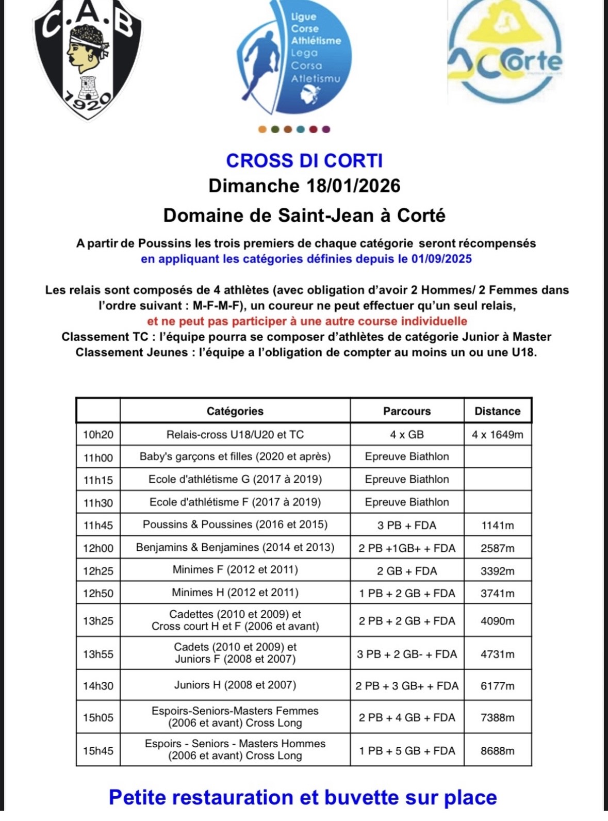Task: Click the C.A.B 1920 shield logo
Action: [x=87, y=59]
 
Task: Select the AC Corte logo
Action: [x=504, y=52]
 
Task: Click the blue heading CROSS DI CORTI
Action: [x=304, y=161]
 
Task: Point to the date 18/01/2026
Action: [x=353, y=186]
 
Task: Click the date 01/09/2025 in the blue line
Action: [x=441, y=259]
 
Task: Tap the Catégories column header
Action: [x=235, y=411]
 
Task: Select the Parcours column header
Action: [x=407, y=411]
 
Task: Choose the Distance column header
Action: [x=497, y=411]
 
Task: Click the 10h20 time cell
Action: [x=98, y=435]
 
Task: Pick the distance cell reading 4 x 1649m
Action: [x=497, y=435]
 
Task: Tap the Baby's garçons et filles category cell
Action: [x=235, y=456]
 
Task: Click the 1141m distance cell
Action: [x=497, y=526]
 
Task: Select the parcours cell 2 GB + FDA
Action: [x=407, y=571]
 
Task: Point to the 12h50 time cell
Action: [x=98, y=594]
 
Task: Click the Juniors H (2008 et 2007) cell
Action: [x=235, y=685]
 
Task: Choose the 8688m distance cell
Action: [x=497, y=751]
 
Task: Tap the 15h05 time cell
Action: [x=98, y=717]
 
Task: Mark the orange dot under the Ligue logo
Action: [x=262, y=129]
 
